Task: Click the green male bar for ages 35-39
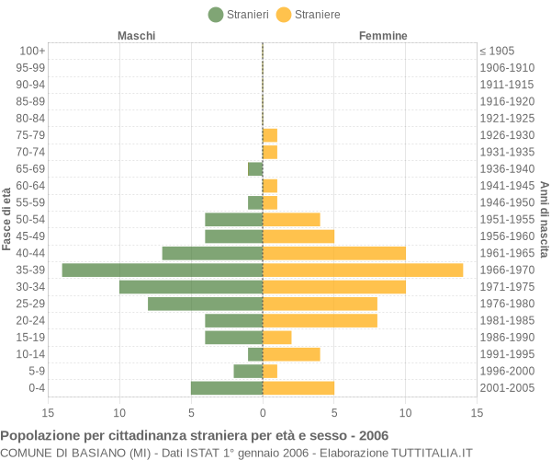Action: pyautogui.click(x=163, y=270)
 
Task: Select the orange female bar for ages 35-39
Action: pyautogui.click(x=363, y=270)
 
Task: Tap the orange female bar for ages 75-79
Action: pyautogui.click(x=270, y=135)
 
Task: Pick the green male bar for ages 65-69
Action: pyautogui.click(x=255, y=169)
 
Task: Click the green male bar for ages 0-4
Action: pyautogui.click(x=227, y=388)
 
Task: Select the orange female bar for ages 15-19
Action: pyautogui.click(x=277, y=338)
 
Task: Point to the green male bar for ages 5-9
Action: pyautogui.click(x=249, y=371)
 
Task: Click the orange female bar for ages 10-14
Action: pyautogui.click(x=292, y=354)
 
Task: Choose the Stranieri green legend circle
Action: pyautogui.click(x=216, y=15)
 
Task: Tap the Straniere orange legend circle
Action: pyautogui.click(x=284, y=15)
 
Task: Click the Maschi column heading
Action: pyautogui.click(x=136, y=36)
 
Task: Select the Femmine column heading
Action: pyautogui.click(x=383, y=36)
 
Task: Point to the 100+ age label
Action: pyautogui.click(x=32, y=51)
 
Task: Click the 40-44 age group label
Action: pyautogui.click(x=30, y=253)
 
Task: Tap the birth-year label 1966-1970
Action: pyautogui.click(x=507, y=270)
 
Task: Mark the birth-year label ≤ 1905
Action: pyautogui.click(x=497, y=51)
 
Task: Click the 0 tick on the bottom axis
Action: pyautogui.click(x=263, y=413)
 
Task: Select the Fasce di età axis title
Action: pyautogui.click(x=6, y=219)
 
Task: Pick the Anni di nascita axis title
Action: pyautogui.click(x=544, y=219)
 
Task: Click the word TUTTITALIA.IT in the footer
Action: pyautogui.click(x=432, y=453)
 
